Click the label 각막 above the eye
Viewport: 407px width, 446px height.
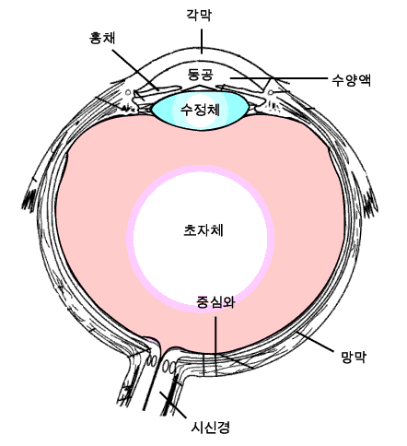tap(199, 15)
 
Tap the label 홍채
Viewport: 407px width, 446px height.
tap(102, 38)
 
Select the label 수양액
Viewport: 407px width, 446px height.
tap(352, 80)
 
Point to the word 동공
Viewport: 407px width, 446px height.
tap(201, 75)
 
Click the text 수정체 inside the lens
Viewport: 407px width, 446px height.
tap(200, 110)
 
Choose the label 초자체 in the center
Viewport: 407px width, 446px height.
tap(203, 230)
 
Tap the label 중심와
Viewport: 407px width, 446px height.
tap(215, 302)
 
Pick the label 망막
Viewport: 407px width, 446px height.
tap(354, 357)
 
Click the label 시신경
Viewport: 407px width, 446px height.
tap(210, 427)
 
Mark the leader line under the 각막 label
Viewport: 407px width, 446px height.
tap(202, 41)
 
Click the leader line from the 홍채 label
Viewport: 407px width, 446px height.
tap(135, 70)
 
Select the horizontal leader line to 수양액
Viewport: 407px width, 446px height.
tap(279, 78)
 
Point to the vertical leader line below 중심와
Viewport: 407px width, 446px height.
tap(215, 346)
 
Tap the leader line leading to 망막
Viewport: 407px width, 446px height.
tap(315, 342)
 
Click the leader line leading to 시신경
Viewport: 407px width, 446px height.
tap(172, 405)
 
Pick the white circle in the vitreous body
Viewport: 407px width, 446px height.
tap(200, 239)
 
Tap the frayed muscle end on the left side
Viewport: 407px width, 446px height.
tap(29, 200)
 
